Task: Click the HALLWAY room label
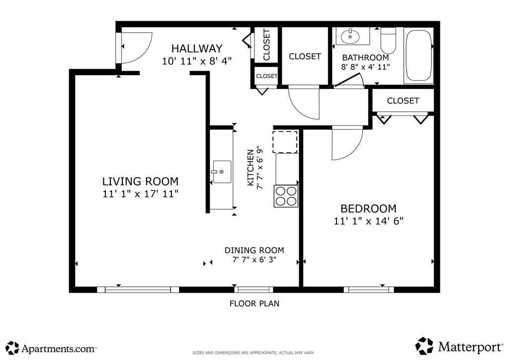197,49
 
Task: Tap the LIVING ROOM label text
140,181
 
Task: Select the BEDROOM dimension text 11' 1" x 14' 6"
368,221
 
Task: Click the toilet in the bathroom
388,41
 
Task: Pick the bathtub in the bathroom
419,56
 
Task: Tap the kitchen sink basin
222,172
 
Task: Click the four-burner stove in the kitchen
286,196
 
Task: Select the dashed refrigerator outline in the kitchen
285,142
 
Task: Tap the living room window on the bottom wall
138,289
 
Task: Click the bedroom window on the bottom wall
369,289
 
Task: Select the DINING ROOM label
254,250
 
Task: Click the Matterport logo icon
424,346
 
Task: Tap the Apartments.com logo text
59,349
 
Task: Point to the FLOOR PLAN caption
254,303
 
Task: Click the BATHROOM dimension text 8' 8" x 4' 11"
365,67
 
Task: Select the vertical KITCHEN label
251,168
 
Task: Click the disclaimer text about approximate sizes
254,353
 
